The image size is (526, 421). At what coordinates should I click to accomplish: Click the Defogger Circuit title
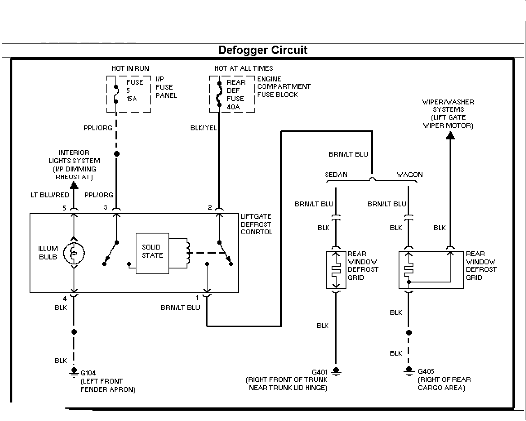pos(263,50)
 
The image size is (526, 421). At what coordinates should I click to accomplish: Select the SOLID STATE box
pos(152,253)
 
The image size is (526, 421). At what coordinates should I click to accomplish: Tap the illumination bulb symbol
pos(74,253)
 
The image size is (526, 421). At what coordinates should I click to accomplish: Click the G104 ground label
pos(88,373)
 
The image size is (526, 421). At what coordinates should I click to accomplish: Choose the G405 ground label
pos(426,371)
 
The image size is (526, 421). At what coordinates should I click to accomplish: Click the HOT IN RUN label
pos(130,68)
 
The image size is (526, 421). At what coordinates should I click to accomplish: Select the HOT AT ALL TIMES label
pos(244,68)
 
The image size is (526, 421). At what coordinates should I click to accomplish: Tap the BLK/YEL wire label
pos(203,128)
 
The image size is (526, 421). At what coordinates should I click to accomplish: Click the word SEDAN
pos(336,174)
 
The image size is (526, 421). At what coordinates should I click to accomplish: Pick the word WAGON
pos(409,174)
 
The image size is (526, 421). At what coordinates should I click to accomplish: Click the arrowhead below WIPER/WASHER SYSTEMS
pos(450,135)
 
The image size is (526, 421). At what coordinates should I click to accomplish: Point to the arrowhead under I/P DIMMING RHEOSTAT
pos(74,185)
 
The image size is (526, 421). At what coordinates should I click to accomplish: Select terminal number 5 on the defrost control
pos(65,208)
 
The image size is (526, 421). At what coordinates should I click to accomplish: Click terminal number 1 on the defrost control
pos(197,298)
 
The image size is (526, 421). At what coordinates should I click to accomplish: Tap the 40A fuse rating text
pos(234,107)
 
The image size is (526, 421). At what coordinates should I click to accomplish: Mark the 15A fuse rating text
pos(131,99)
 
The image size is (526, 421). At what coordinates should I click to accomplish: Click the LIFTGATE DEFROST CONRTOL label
pos(256,224)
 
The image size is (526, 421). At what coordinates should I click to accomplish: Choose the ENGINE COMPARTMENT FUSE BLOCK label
pos(284,87)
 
